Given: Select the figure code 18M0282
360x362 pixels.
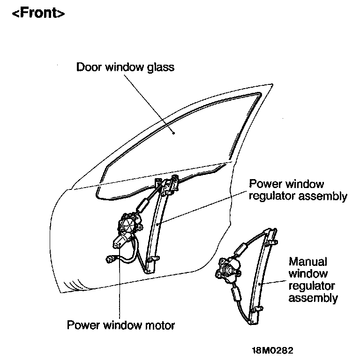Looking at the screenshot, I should tap(273, 350).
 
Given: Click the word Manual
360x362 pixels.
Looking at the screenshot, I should tap(308, 261).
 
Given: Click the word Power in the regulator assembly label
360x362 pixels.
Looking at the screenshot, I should tap(264, 184).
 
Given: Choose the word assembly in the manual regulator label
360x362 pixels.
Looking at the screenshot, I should tap(313, 298).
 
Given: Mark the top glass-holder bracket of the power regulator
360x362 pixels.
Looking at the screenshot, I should tap(169, 183).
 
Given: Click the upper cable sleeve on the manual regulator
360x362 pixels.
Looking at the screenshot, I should tap(242, 249).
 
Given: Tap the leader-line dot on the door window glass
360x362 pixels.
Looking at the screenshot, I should tap(174, 133).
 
